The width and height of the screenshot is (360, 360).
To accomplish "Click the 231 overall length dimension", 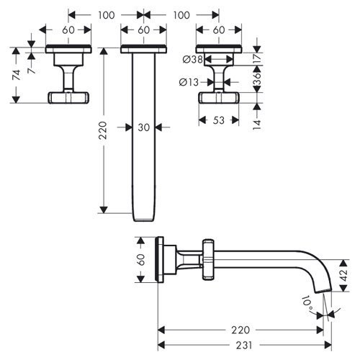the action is tap(244, 346).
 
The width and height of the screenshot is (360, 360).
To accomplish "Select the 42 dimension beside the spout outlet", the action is tap(344, 275).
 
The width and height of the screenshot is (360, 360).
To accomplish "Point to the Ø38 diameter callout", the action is tap(193, 59).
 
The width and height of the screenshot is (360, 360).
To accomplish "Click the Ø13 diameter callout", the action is tap(189, 82).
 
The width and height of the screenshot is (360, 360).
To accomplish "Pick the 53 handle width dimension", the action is tap(219, 120).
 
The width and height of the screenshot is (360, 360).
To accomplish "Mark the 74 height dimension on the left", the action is tap(17, 75).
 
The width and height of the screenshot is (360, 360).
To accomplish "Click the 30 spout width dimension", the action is tap(144, 127).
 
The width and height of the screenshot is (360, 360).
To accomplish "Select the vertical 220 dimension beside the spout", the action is tap(103, 130).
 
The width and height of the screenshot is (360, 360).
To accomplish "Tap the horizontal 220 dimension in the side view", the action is tap(240, 330).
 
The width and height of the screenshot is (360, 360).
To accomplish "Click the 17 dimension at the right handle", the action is tap(257, 58).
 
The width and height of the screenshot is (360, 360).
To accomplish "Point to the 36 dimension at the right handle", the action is tap(257, 78).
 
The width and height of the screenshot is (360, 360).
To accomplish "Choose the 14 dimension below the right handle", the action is tap(257, 125).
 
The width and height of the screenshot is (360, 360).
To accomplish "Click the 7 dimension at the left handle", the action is tap(32, 70).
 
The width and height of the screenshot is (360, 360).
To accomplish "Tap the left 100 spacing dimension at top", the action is tap(106, 15).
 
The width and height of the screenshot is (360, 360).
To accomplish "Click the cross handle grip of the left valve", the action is tap(68, 97).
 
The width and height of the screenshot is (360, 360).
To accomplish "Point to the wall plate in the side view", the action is tap(161, 259).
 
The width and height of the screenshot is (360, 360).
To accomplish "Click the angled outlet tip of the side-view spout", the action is tap(323, 291).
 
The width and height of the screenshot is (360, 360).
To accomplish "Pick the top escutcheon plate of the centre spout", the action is tap(143, 49).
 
